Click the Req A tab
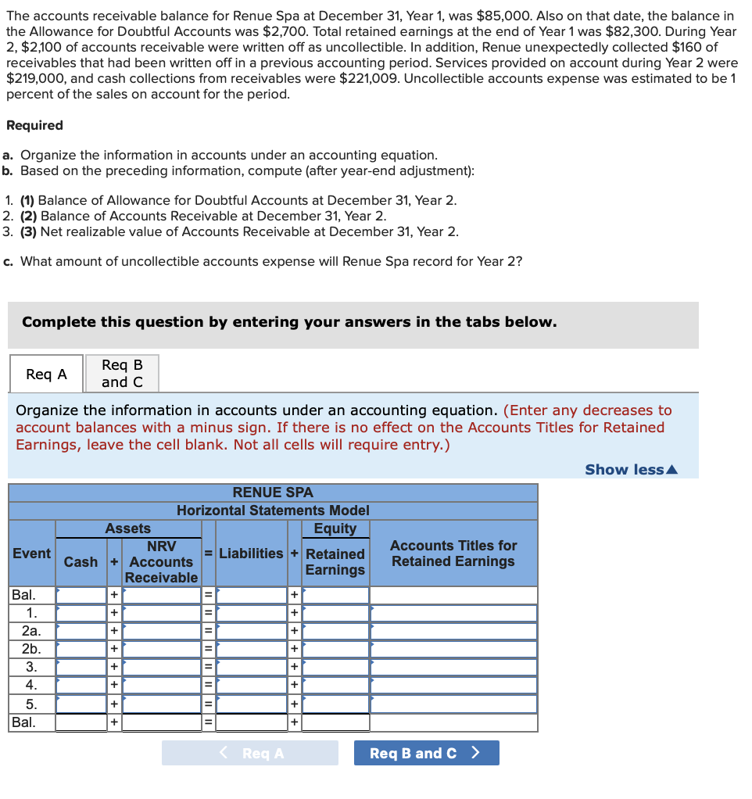click(46, 374)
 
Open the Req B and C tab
click(122, 374)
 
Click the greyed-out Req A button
click(250, 753)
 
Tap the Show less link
click(631, 469)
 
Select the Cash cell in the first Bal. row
click(81, 595)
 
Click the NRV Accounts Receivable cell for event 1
click(162, 613)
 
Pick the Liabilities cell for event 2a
click(252, 631)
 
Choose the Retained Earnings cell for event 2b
click(335, 649)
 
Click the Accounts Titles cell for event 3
click(453, 667)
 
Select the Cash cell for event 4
click(81, 685)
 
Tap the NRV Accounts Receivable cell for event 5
click(162, 704)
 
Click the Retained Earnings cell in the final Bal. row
click(335, 722)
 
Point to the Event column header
click(32, 554)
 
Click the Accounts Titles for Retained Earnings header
click(453, 554)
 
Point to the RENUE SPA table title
click(273, 493)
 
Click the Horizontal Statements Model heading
click(273, 511)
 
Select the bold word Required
click(34, 125)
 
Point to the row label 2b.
click(32, 649)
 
